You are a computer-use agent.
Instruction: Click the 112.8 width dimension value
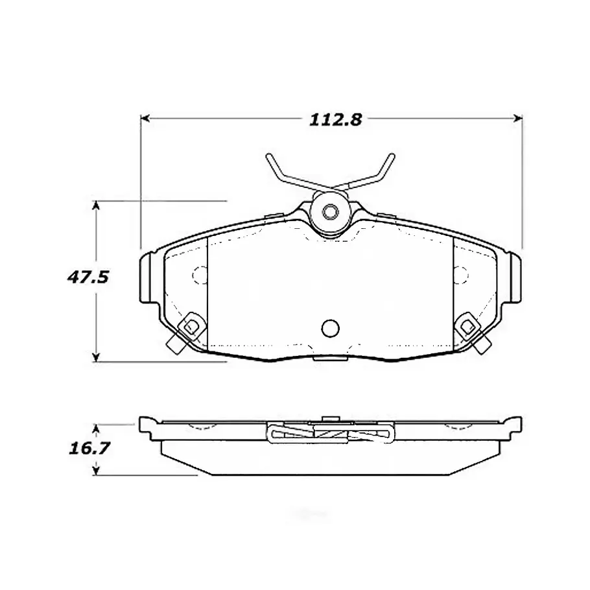335,120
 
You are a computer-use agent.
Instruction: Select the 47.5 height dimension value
88,277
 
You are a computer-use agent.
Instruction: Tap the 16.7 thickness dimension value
89,448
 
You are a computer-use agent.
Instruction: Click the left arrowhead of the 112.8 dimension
145,119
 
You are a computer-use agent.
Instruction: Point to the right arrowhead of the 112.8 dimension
518,119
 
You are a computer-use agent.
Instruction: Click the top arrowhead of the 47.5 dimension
97,206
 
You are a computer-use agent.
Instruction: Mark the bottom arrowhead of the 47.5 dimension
97,357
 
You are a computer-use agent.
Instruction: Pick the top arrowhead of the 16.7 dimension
97,429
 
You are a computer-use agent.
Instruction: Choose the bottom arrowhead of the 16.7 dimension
97,470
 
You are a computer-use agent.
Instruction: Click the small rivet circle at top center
331,212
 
